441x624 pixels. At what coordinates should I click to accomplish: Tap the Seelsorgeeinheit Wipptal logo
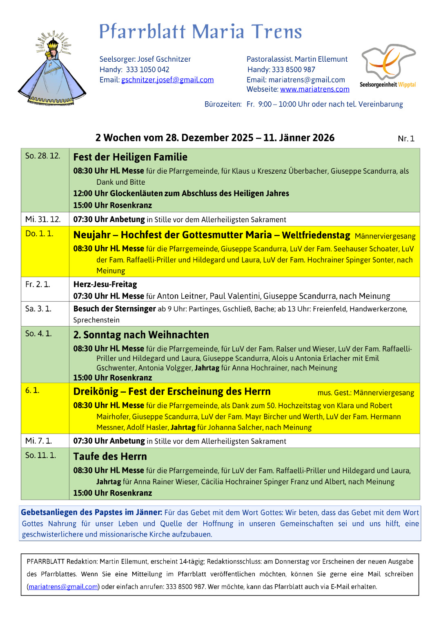[x=388, y=65]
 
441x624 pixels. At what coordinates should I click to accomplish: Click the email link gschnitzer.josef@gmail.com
[x=167, y=80]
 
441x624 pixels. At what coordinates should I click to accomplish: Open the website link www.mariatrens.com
[x=314, y=89]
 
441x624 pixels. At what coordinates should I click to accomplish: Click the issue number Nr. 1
[x=406, y=139]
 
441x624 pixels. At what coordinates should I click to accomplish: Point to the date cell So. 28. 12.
[x=42, y=156]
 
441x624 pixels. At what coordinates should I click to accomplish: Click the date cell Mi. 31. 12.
[x=43, y=219]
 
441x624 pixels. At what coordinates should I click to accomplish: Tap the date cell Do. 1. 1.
[x=39, y=233]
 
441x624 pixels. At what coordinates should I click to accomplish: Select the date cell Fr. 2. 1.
[x=38, y=284]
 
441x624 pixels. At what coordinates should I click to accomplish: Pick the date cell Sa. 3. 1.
[x=38, y=309]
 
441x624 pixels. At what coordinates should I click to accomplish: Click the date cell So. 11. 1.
[x=40, y=455]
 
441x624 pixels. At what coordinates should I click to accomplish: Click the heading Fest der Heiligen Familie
[x=130, y=157]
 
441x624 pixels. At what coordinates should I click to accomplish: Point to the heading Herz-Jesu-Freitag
[x=105, y=284]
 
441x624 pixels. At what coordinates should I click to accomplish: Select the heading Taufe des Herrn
[x=110, y=456]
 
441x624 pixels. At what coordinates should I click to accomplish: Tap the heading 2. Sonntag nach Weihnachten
[x=141, y=335]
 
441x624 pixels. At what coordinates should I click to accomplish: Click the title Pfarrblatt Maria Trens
[x=200, y=31]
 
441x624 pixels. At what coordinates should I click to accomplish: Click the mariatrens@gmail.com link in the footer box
[x=63, y=587]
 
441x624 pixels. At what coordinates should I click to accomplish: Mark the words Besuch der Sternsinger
[x=114, y=309]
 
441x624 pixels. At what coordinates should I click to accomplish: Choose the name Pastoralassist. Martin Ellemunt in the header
[x=297, y=59]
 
